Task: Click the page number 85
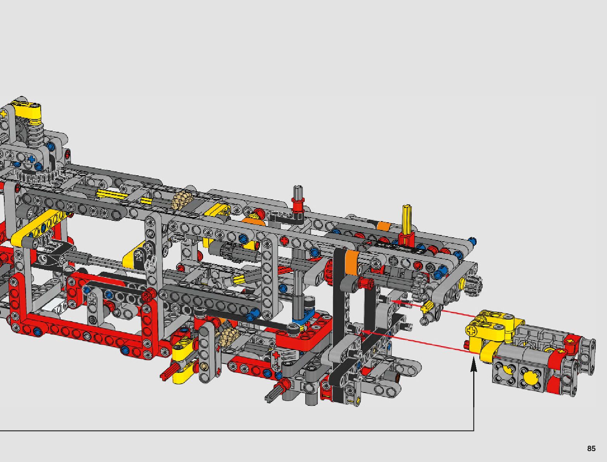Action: pyautogui.click(x=591, y=448)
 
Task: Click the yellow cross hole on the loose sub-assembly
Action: pyautogui.click(x=470, y=330)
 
